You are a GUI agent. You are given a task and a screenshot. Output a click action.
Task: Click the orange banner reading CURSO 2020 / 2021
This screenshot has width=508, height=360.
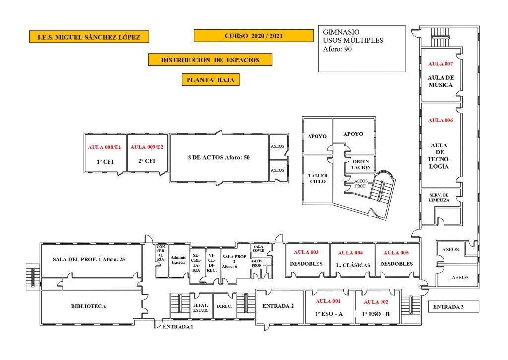pyautogui.click(x=254, y=36)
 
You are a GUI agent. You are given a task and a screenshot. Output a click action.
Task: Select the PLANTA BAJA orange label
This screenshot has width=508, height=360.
pyautogui.click(x=210, y=79)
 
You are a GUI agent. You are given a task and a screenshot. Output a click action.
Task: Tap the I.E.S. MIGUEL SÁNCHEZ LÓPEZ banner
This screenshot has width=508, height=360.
pyautogui.click(x=89, y=37)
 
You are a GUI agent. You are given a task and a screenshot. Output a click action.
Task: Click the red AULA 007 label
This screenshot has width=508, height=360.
pyautogui.click(x=441, y=64)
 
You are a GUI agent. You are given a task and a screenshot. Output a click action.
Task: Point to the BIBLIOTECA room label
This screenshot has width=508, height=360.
pyautogui.click(x=88, y=306)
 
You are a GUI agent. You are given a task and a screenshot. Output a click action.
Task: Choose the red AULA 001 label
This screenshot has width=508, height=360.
pyautogui.click(x=328, y=301)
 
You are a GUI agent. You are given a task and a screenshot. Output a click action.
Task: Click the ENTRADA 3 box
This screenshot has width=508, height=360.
pyautogui.click(x=452, y=307)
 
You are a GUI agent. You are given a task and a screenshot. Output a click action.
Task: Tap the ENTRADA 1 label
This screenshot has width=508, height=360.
pyautogui.click(x=178, y=326)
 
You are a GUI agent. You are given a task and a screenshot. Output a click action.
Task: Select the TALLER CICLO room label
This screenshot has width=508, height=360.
pyautogui.click(x=317, y=178)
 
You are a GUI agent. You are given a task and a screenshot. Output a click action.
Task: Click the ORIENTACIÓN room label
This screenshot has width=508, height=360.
pyautogui.click(x=361, y=165)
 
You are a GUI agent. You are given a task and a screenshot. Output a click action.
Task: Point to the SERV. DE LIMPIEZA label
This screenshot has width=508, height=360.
pyautogui.click(x=439, y=197)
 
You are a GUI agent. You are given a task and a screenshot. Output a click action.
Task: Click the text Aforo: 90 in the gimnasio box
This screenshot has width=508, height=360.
pyautogui.click(x=337, y=49)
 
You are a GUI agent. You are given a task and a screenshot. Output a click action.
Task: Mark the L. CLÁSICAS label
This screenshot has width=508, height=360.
pyautogui.click(x=353, y=265)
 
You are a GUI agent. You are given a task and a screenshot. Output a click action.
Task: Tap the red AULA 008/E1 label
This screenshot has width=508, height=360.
pyautogui.click(x=104, y=147)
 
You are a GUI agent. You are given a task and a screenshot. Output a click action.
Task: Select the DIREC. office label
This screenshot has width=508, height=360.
pyautogui.click(x=224, y=306)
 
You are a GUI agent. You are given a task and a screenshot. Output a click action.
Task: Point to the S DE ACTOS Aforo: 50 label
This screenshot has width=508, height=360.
pyautogui.click(x=218, y=157)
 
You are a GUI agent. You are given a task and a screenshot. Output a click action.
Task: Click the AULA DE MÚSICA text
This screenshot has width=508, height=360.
pyautogui.click(x=441, y=81)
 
